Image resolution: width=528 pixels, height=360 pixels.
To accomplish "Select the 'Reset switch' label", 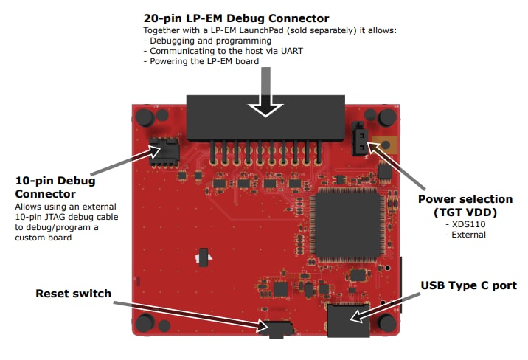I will click(73, 294).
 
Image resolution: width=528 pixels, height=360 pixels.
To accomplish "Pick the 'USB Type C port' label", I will click(468, 285).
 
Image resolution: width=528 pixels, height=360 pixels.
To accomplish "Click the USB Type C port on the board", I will click(348, 320).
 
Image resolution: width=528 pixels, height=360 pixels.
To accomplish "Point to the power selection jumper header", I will click(360, 139).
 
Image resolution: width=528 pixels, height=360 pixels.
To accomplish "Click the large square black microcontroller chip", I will click(347, 224).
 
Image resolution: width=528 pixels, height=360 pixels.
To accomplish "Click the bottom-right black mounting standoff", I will click(386, 322).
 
